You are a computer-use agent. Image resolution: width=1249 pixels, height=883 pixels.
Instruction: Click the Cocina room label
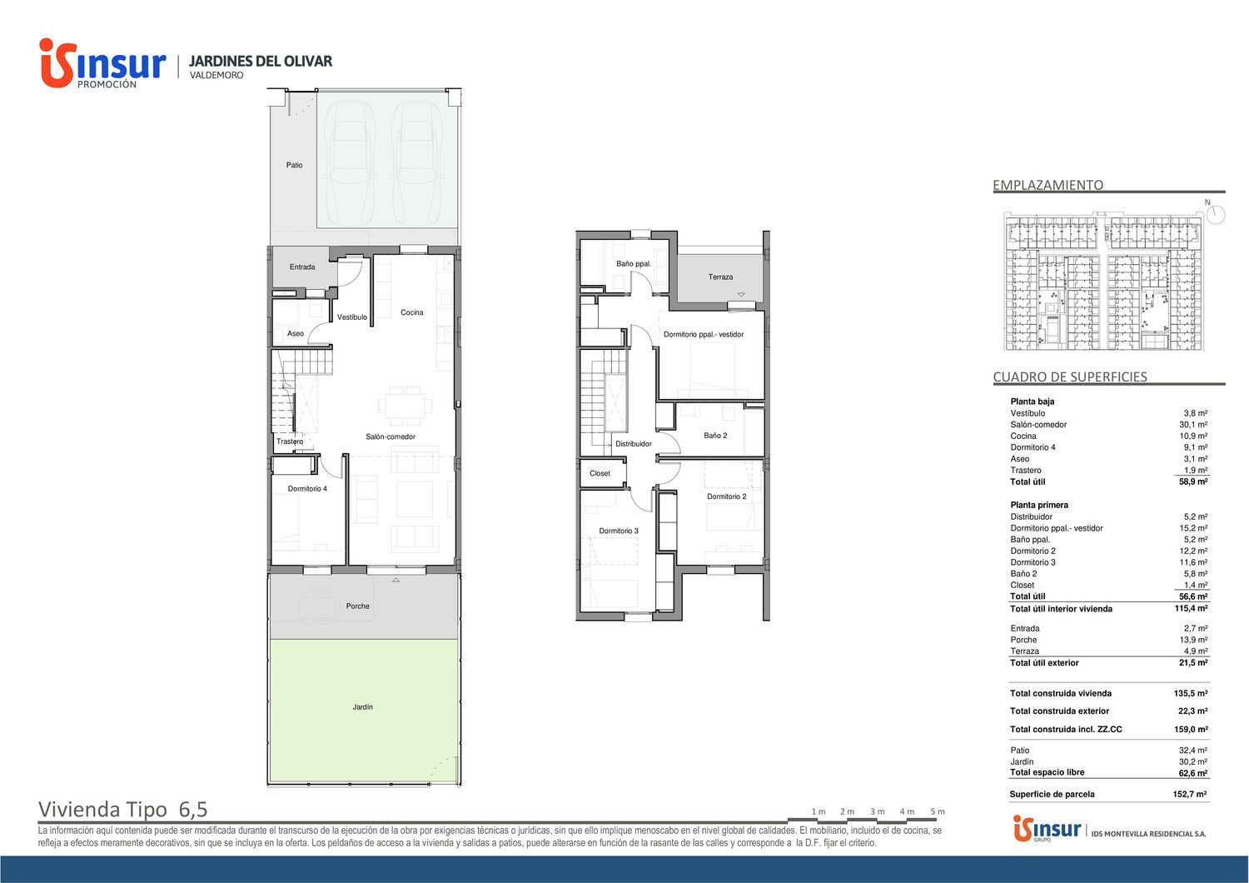[411, 312]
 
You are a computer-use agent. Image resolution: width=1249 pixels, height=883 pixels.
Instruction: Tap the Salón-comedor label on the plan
[391, 437]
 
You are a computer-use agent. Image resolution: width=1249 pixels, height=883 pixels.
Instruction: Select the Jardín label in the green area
[362, 706]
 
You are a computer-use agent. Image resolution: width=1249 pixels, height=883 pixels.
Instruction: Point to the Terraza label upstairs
[720, 277]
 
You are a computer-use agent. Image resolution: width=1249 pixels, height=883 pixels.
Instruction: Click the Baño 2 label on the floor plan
[715, 435]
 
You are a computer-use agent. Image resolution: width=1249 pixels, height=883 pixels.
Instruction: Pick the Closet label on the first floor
[600, 473]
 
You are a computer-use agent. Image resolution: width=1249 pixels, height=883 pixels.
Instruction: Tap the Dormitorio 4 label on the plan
[307, 489]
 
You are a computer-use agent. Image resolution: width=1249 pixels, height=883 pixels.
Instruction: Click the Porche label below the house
[357, 606]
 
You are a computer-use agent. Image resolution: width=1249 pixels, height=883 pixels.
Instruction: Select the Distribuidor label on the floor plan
[634, 444]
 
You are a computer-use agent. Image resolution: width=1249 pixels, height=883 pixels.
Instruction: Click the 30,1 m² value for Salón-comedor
[1193, 425]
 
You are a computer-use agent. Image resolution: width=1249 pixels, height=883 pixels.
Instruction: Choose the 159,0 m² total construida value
[1191, 729]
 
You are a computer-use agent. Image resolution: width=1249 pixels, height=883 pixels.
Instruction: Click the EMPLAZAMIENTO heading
[1047, 185]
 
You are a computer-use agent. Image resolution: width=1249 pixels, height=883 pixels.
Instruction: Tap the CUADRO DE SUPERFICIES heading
[1070, 377]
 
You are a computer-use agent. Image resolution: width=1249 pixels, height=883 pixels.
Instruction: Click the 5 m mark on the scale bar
[938, 811]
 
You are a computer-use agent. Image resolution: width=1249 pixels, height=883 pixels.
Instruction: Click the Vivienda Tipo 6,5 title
[122, 809]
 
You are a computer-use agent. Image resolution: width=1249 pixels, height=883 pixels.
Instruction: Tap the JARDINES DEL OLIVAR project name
[261, 61]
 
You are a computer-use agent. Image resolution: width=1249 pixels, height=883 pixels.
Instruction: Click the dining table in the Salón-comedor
[406, 406]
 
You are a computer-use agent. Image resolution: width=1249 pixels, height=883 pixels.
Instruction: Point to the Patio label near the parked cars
[294, 165]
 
